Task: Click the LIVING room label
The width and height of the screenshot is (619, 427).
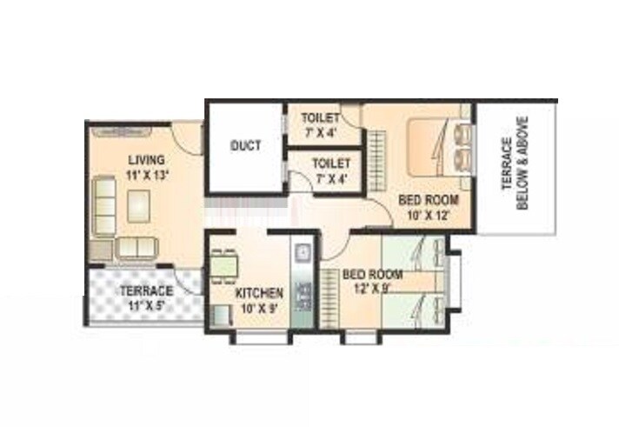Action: coord(144,160)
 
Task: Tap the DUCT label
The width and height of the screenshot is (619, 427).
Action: coord(244,146)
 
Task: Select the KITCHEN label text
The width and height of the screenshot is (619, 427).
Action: coord(258,293)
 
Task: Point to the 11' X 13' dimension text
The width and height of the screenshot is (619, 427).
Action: coord(145,175)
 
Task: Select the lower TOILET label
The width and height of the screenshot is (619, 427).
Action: coord(330,163)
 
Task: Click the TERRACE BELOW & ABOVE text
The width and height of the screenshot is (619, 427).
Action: coord(516,165)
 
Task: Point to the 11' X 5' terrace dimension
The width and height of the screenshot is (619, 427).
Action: coord(145,305)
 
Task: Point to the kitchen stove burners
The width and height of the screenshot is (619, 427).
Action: coord(303,293)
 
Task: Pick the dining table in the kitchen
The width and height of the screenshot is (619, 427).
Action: coord(223,262)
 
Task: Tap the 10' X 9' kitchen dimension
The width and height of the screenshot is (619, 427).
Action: coord(258,308)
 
